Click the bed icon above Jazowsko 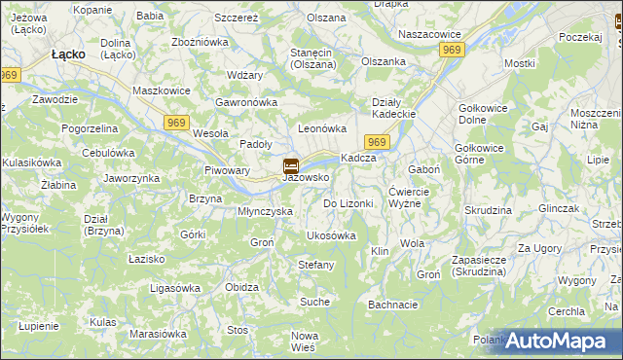tap(290, 165)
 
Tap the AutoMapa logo tap(556, 341)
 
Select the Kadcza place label tap(357, 159)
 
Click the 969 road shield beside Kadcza tap(380, 143)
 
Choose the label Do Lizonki tap(348, 203)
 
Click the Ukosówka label tap(331, 235)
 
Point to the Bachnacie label tap(393, 305)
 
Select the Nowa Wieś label tap(304, 342)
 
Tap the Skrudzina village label tap(488, 210)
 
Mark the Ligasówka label tap(174, 288)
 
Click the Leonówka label tap(322, 128)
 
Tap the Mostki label tap(520, 63)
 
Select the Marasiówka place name tap(158, 334)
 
